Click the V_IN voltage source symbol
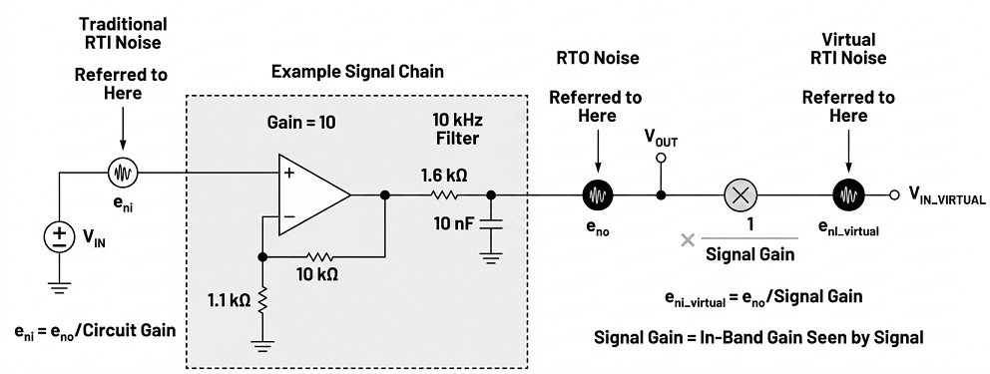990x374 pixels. [59, 237]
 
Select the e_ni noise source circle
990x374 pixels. [123, 172]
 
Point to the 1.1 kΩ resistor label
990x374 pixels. [229, 300]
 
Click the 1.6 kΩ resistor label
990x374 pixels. [444, 177]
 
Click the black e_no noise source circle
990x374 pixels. [597, 195]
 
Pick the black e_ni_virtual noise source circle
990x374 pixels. [848, 195]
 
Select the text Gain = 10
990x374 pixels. [300, 123]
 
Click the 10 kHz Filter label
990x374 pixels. [456, 129]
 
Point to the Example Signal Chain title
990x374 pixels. [357, 72]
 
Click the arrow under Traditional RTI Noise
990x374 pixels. [123, 130]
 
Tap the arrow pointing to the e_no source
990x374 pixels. [597, 152]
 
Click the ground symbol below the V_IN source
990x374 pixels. [59, 287]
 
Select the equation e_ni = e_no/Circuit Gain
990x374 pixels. [94, 330]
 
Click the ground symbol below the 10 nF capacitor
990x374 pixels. [491, 257]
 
